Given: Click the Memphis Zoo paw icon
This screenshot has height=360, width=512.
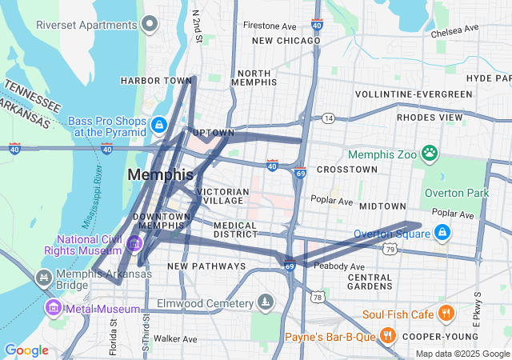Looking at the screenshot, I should click(x=430, y=151).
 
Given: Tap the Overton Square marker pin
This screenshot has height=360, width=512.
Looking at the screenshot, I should click(x=442, y=233).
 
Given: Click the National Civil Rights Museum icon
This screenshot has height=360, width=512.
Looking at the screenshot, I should click(x=134, y=242).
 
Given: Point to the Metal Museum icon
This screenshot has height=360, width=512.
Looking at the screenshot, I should click(x=54, y=306).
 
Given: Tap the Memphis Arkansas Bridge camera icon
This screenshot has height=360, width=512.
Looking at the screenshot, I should click(x=43, y=278).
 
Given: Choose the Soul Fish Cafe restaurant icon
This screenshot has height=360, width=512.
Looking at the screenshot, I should click(x=446, y=314).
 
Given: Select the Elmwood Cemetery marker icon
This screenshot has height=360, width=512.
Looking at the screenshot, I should click(x=265, y=302).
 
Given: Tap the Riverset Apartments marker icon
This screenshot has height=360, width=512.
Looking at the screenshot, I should click(x=149, y=24).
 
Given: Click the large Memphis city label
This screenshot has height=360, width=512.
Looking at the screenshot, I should click(x=160, y=174).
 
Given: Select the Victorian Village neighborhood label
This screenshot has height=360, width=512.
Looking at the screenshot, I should click(x=222, y=197).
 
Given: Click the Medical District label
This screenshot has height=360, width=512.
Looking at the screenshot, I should click(x=234, y=230).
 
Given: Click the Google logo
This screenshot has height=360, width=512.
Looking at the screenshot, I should click(x=26, y=350).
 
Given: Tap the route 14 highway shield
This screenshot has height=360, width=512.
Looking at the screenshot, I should click(x=328, y=118).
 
